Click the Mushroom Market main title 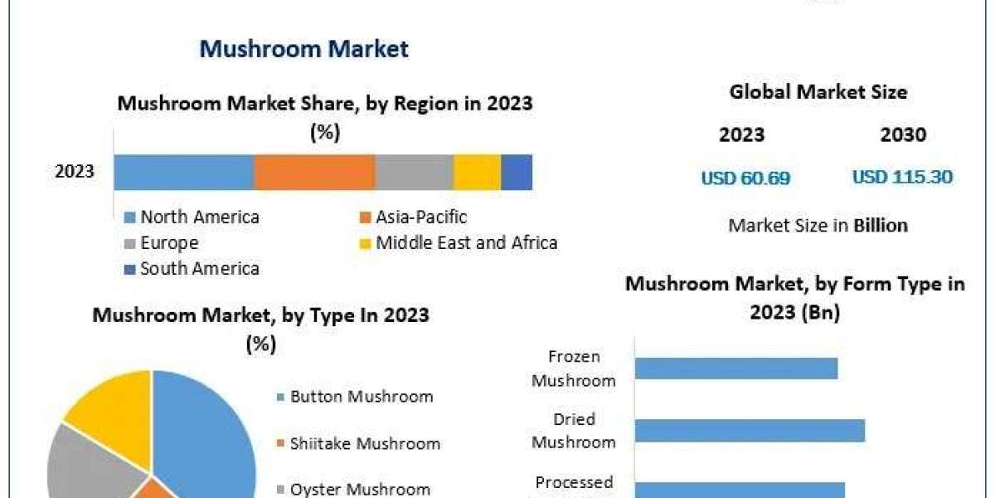(x=303, y=49)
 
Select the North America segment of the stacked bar (x=183, y=173)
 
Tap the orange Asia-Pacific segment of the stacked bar (x=314, y=173)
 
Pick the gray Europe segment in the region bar (x=414, y=173)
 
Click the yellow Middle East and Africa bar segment (x=477, y=173)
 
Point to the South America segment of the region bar (x=517, y=173)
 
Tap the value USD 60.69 (x=745, y=178)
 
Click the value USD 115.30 (x=902, y=178)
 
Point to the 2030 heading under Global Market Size (x=903, y=134)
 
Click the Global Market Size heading (x=818, y=92)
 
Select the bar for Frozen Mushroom (x=736, y=368)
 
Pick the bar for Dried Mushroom (x=750, y=431)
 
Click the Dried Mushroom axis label (x=574, y=431)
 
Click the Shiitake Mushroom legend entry (x=364, y=444)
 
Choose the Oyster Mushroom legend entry (x=359, y=490)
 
